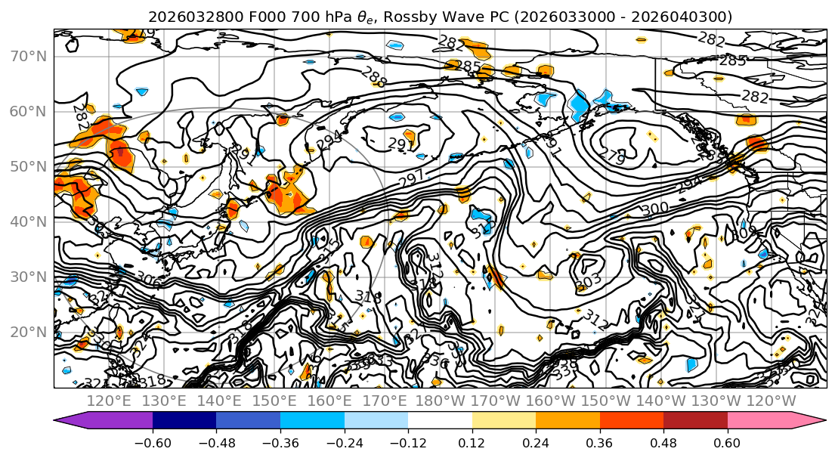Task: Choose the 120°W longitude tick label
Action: click(770, 401)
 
